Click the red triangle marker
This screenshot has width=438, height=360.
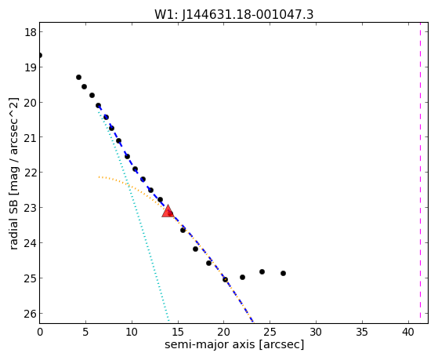[x=168, y=212]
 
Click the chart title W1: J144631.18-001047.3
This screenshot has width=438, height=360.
[x=234, y=15]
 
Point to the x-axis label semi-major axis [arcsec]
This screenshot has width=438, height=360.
[x=234, y=344]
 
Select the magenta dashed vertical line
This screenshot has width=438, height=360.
[x=420, y=173]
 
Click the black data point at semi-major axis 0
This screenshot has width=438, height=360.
[x=40, y=55]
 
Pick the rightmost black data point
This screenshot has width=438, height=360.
[x=283, y=273]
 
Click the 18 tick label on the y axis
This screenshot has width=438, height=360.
[x=31, y=32]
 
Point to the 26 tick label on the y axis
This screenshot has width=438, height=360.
[x=31, y=314]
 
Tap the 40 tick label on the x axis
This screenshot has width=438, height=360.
[x=408, y=332]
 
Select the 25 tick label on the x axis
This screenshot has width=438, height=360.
[x=270, y=332]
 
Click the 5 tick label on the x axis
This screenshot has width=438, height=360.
[x=85, y=332]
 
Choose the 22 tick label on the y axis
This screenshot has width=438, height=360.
[x=31, y=173]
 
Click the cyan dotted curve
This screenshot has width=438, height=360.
[x=132, y=196]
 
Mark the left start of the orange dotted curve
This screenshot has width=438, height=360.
[x=99, y=176]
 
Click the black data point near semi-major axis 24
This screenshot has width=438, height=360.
[x=262, y=271]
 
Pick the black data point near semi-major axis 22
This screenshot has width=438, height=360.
[x=242, y=277]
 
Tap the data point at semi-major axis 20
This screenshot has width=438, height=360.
[x=225, y=279]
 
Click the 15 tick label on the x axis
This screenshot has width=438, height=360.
[x=178, y=332]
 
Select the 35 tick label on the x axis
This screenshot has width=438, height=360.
[x=362, y=332]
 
